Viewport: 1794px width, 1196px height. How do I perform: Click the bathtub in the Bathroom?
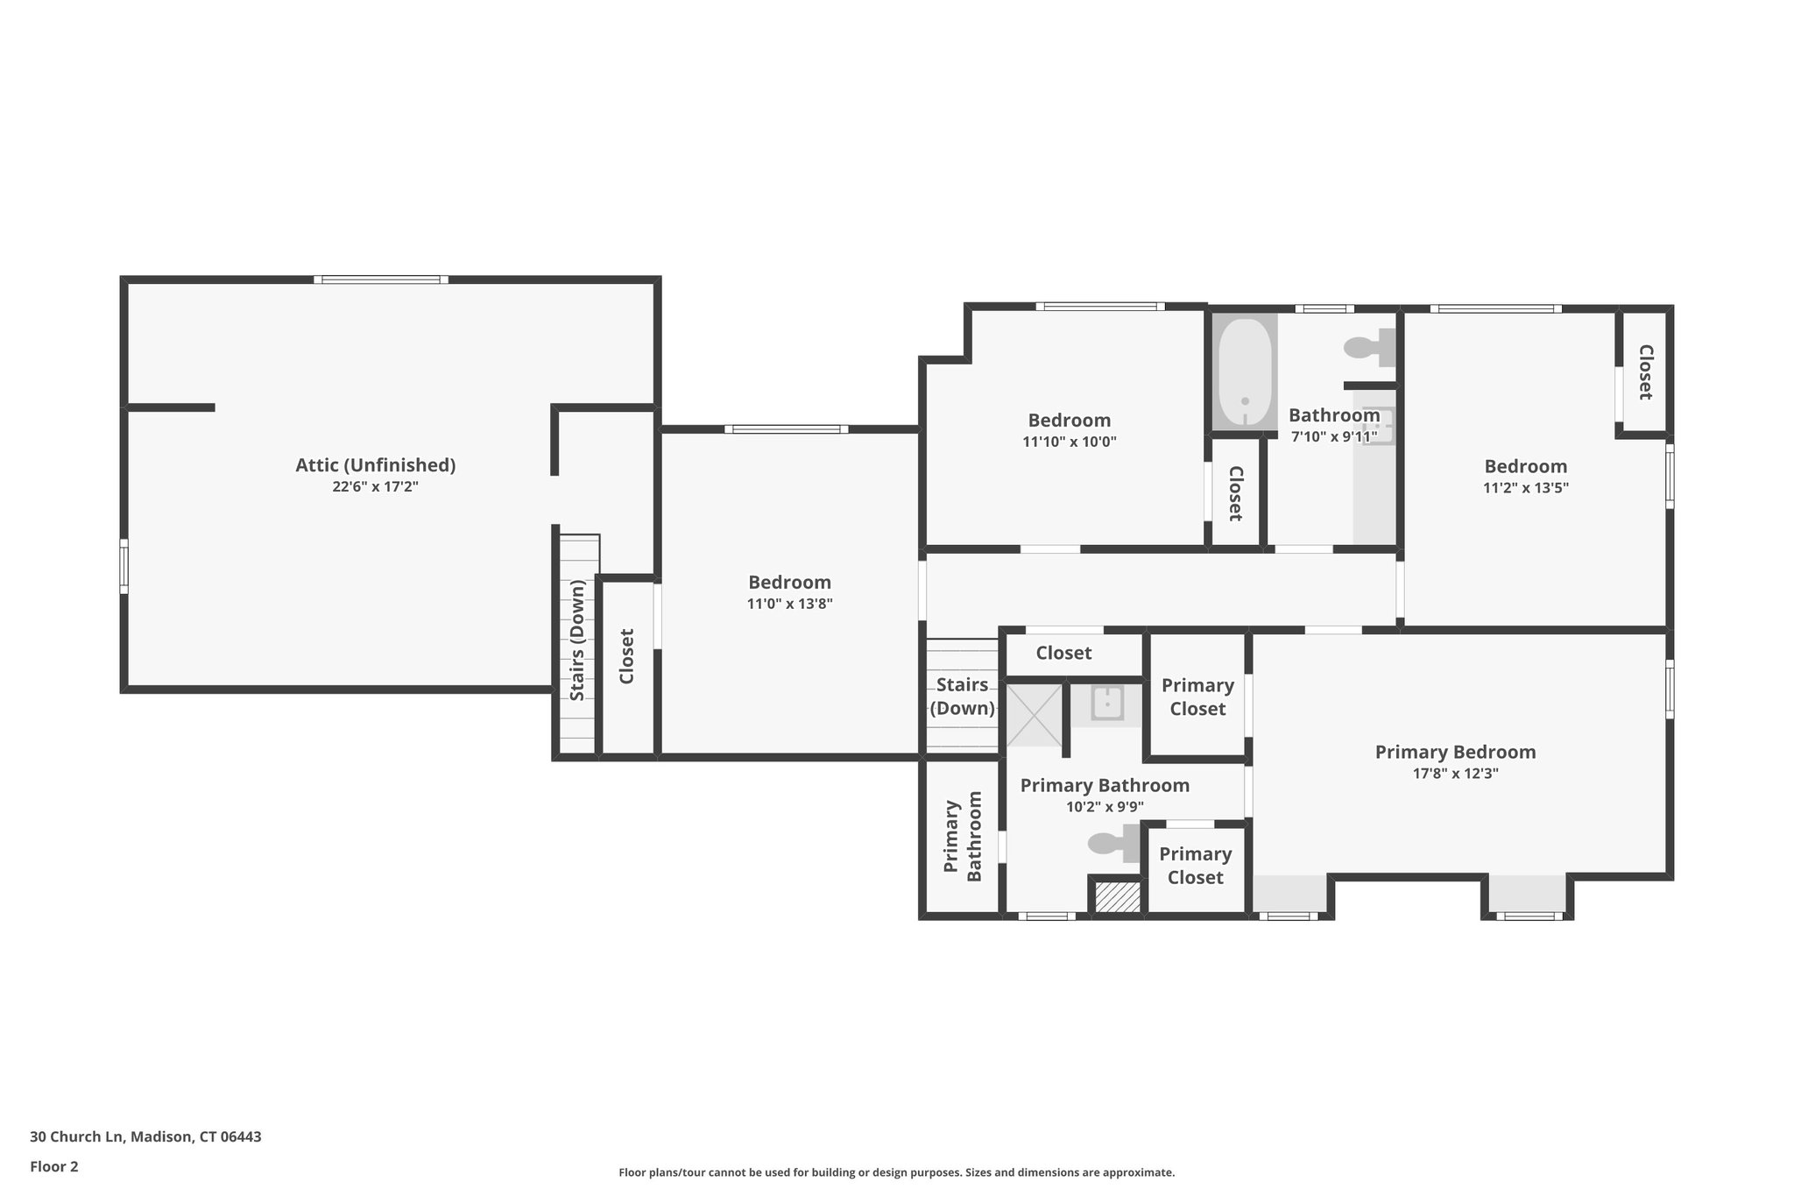1244,372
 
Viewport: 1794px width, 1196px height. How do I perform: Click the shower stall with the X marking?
1034,716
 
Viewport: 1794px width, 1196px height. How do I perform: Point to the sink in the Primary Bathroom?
1107,704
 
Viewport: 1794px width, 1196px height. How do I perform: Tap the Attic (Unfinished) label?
375,465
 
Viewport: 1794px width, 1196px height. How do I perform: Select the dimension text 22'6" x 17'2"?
375,487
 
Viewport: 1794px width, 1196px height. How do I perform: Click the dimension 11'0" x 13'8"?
789,604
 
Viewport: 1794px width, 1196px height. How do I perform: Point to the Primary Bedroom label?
1455,752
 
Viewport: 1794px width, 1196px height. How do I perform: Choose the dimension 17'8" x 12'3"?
1455,774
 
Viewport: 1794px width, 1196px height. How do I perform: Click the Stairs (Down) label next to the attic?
577,640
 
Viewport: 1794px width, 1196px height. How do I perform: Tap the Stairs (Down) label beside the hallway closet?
962,696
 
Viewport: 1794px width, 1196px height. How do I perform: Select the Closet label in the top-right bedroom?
1645,372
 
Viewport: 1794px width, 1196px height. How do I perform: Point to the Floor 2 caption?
54,1166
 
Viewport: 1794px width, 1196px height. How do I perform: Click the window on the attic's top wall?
381,280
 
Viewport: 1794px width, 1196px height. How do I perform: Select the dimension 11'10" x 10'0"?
1069,442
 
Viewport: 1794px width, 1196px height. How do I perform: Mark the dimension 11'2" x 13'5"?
1525,488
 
